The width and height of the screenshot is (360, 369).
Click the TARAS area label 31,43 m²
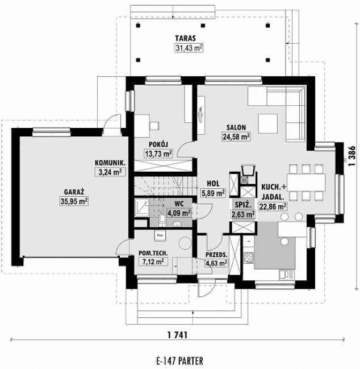(189, 48)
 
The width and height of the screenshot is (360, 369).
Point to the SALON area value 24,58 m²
(236, 136)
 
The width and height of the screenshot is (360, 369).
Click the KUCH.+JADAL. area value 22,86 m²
(273, 206)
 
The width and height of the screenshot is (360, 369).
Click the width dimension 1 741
(177, 334)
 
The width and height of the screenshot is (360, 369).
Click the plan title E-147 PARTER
(178, 361)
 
